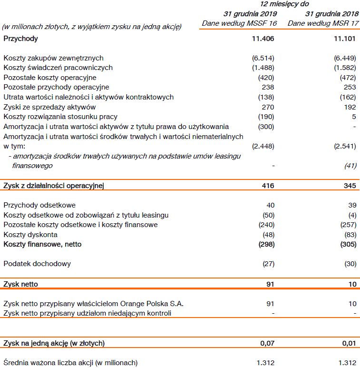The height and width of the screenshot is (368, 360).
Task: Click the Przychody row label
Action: (20, 39)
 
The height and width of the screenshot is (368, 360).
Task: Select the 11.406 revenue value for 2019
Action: (263, 39)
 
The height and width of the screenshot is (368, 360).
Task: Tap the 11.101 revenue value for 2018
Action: (345, 39)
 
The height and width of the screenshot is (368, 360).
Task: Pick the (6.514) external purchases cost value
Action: (263, 58)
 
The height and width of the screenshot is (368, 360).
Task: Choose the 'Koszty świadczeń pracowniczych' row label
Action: (58, 68)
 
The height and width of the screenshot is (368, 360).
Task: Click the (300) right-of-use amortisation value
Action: (266, 127)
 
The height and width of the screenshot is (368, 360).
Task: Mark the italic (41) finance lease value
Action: (350, 166)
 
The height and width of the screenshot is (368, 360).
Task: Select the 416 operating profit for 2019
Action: (268, 186)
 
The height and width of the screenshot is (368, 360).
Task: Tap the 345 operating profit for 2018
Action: (350, 186)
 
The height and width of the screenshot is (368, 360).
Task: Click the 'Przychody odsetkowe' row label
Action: (39, 205)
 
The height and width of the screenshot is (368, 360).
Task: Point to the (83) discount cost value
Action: (350, 235)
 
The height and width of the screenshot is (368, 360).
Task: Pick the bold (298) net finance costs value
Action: (266, 244)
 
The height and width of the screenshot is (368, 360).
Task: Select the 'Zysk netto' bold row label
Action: (20, 284)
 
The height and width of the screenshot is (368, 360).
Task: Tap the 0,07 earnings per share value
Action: (267, 343)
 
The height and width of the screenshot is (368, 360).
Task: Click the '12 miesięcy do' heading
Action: (285, 4)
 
